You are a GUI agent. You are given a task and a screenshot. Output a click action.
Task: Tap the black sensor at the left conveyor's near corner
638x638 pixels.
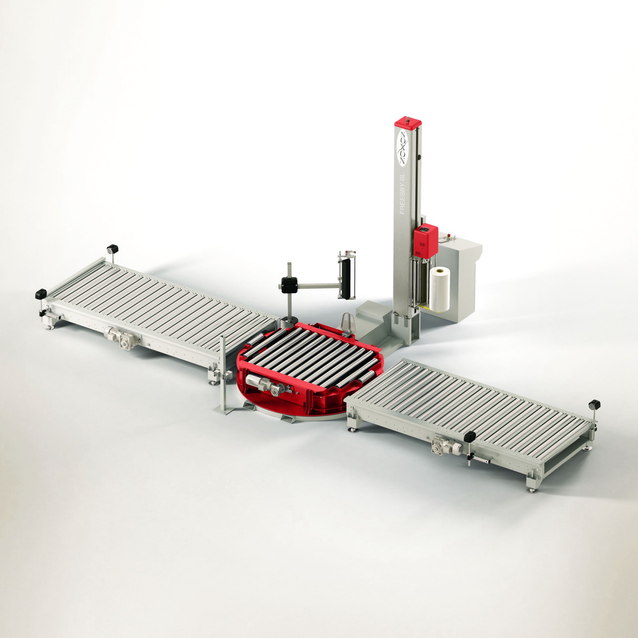41,293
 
